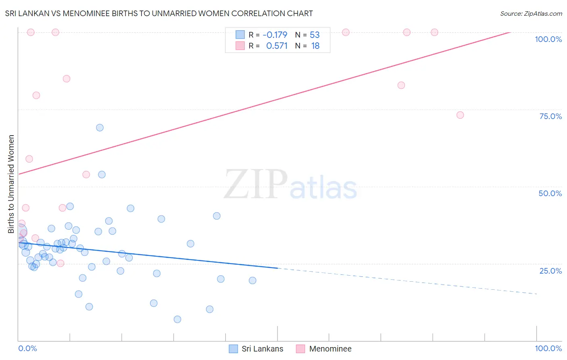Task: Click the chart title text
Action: click(x=159, y=13)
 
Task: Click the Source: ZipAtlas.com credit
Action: click(x=531, y=13)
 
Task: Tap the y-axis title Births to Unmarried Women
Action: click(x=11, y=184)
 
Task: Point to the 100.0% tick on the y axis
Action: click(x=548, y=39)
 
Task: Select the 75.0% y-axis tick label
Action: click(x=550, y=116)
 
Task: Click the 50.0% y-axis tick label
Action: click(x=550, y=193)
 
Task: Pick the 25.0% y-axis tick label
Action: click(x=550, y=271)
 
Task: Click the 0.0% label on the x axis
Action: click(x=27, y=348)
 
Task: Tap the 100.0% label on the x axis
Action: click(x=548, y=348)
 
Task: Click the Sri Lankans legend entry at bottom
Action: click(x=256, y=349)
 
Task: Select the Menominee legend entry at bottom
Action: click(x=324, y=349)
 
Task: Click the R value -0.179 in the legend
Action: click(x=275, y=35)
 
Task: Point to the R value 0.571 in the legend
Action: click(x=277, y=46)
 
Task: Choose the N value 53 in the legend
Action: click(x=315, y=35)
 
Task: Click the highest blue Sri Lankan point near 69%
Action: click(x=100, y=128)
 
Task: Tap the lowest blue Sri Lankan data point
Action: click(x=177, y=319)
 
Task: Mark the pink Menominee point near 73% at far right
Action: click(x=460, y=115)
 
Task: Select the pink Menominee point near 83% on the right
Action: click(x=401, y=85)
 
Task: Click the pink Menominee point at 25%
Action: click(x=60, y=263)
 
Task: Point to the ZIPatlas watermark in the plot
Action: click(x=290, y=185)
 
